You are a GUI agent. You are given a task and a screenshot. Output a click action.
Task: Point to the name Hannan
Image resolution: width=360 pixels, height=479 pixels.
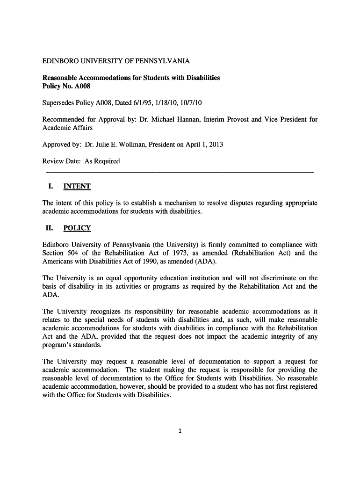tap(190, 119)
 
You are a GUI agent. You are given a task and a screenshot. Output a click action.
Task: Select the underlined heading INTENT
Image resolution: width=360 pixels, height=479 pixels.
tap(77, 186)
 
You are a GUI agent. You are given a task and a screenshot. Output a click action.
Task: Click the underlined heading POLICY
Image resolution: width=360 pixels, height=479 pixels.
tap(77, 228)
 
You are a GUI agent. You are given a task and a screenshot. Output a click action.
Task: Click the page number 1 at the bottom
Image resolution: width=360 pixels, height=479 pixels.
tap(180, 431)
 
